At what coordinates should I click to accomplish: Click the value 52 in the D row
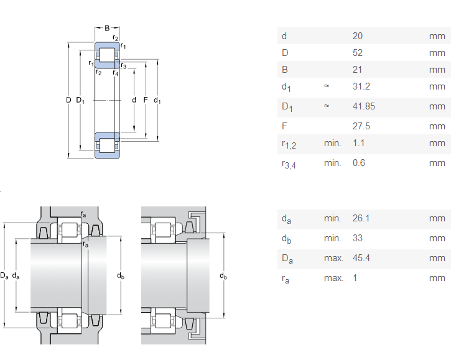tap(357, 53)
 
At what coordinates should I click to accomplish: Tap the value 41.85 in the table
tap(363, 106)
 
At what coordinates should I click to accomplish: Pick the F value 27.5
tap(361, 126)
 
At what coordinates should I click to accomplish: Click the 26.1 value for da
tap(361, 218)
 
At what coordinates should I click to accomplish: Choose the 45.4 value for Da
tap(361, 258)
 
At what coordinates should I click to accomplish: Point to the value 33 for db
tap(357, 238)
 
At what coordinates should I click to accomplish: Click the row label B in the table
tap(284, 70)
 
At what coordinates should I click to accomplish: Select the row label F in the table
tap(284, 126)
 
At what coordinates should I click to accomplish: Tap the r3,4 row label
tap(288, 164)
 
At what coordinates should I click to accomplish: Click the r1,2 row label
tap(288, 144)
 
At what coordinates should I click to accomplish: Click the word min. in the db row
tap(333, 238)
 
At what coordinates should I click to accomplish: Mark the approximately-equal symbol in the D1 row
tap(326, 106)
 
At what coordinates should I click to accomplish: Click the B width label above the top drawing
tap(107, 28)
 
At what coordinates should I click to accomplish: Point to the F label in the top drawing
tap(145, 99)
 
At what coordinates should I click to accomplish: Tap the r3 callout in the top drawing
tap(124, 66)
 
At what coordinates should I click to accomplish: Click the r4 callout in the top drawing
tap(116, 73)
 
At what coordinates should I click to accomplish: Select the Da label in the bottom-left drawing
tap(4, 275)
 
